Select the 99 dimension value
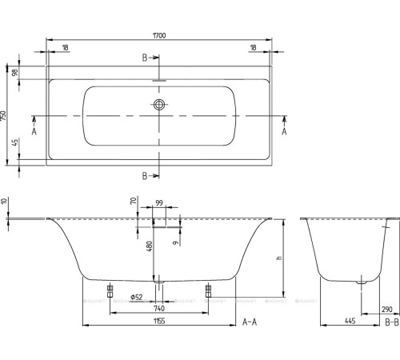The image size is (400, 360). [x=159, y=205]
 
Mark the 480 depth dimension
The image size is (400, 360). [x=148, y=247]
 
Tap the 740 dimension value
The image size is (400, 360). [x=159, y=309]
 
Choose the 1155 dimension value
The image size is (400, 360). [x=159, y=322]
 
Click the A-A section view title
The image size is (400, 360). [x=250, y=322]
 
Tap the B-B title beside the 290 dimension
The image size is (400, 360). [x=391, y=322]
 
